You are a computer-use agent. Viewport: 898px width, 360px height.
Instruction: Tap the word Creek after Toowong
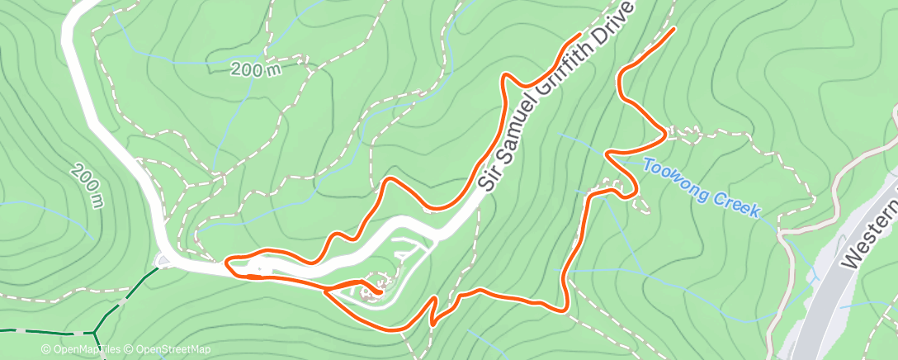734,203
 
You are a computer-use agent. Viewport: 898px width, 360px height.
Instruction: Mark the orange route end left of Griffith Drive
579,35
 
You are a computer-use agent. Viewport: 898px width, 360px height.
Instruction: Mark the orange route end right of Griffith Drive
674,30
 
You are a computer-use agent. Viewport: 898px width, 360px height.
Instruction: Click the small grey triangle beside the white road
163,262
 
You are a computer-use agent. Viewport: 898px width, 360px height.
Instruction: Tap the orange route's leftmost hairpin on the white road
227,263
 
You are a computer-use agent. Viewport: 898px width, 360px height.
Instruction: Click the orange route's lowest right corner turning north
565,310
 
